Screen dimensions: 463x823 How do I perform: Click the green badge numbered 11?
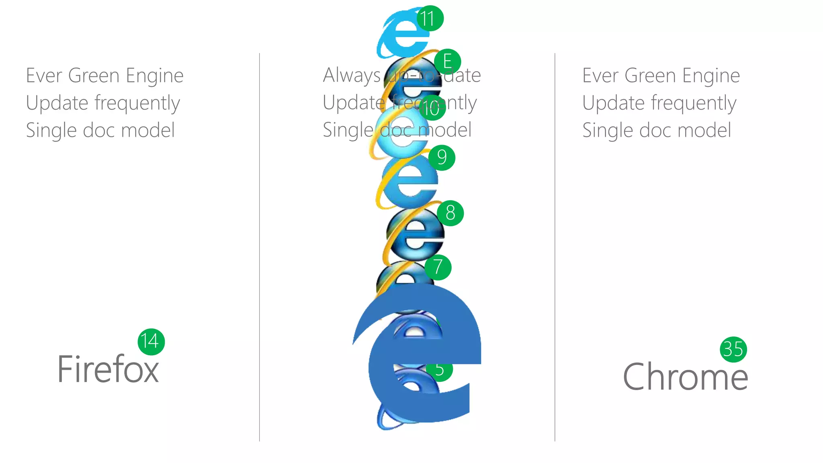pos(430,18)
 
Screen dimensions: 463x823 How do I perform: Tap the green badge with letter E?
pos(447,62)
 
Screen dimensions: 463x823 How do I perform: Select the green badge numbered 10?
pos(432,108)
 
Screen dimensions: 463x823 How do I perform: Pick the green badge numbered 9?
pos(442,158)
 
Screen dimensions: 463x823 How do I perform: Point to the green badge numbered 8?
pos(450,213)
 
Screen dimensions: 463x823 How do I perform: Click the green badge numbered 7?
pos(438,267)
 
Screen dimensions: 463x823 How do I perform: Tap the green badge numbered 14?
pos(151,342)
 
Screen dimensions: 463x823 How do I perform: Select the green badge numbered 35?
pos(733,349)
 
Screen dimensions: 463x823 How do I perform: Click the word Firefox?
pos(108,369)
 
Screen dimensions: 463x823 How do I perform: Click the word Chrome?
pos(685,377)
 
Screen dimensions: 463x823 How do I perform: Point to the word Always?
pos(352,75)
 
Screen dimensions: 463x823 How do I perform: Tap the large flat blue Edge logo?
pos(422,362)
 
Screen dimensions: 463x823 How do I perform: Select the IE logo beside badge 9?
pos(408,181)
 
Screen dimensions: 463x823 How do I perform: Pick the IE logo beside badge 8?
pos(414,233)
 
